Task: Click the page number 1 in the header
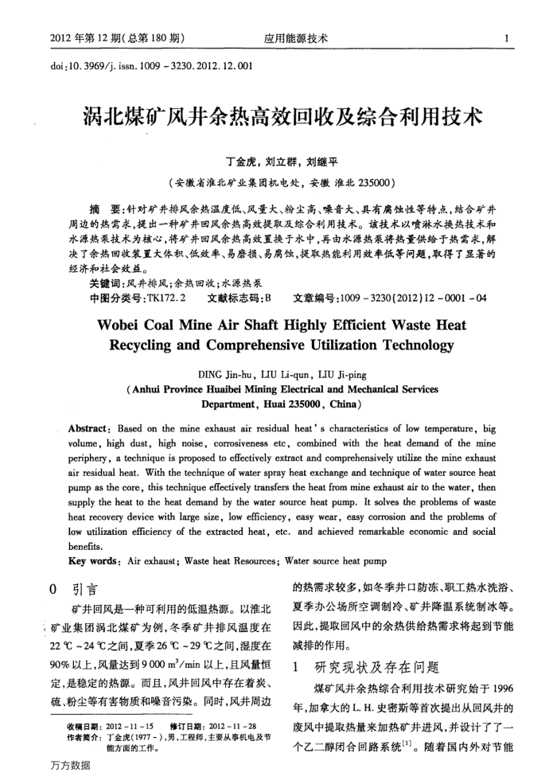click(507, 37)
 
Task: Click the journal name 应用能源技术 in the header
click(296, 37)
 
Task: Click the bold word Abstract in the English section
click(92, 427)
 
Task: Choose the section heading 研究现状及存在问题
click(372, 667)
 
